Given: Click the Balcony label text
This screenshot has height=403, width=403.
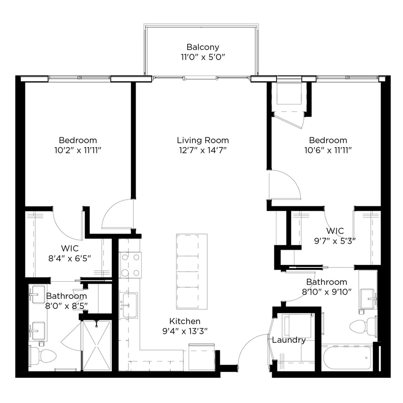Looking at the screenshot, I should pos(202,47).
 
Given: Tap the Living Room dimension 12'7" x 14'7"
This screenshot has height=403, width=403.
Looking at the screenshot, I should pos(202,150).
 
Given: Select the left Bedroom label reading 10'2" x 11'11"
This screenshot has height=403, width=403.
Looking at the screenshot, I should pos(78,145).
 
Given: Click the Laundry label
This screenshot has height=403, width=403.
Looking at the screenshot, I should pos(289,340).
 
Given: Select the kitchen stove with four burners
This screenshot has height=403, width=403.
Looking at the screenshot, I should pos(130,265).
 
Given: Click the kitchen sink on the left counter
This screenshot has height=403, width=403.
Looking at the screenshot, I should pos(129,303).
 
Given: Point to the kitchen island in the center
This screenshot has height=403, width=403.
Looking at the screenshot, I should pos(191,270).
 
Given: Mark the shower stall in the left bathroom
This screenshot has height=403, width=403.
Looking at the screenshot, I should pos(96,345).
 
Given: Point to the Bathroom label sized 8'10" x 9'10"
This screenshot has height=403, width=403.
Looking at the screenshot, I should pos(327,286).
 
